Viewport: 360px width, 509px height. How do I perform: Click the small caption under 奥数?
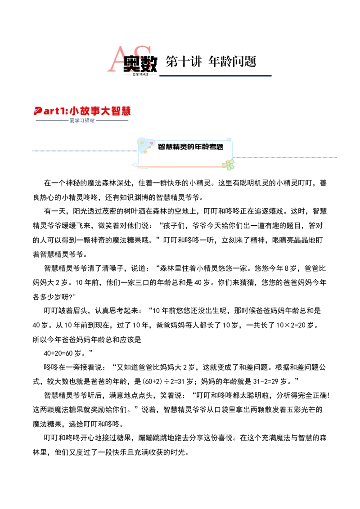coord(140,74)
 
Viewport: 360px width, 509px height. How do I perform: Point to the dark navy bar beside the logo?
coord(216,76)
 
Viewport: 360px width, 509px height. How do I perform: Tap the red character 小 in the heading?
coord(76,111)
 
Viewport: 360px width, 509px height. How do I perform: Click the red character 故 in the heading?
coord(88,111)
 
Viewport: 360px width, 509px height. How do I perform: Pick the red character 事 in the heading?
coord(99,111)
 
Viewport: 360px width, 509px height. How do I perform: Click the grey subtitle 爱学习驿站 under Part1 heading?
coord(82,121)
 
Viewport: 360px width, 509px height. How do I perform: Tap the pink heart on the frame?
coord(151,144)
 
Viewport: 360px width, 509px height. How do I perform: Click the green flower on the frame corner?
coord(229,165)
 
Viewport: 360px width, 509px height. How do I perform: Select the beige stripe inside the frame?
coord(184,153)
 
